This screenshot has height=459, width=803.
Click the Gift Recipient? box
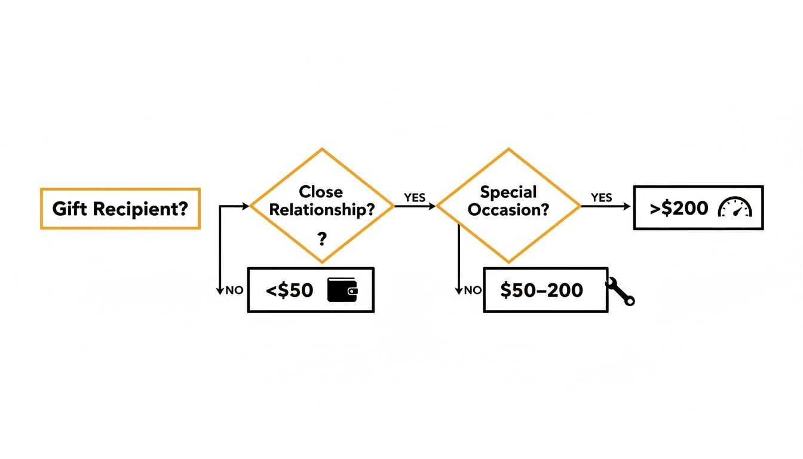point(119,209)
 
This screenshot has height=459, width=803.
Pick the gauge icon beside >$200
point(735,207)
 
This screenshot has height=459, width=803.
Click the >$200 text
point(679,208)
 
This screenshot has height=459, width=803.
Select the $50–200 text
point(541,290)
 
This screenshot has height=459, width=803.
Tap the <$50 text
point(289,290)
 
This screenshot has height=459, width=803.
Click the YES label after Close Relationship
point(415,197)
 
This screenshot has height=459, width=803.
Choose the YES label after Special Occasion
point(602,197)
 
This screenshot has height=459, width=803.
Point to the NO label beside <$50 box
point(234,290)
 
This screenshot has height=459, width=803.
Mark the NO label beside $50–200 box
point(473,290)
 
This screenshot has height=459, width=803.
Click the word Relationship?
point(321,210)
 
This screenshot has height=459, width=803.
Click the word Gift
point(67,209)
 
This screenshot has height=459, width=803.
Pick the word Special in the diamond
point(508,192)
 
